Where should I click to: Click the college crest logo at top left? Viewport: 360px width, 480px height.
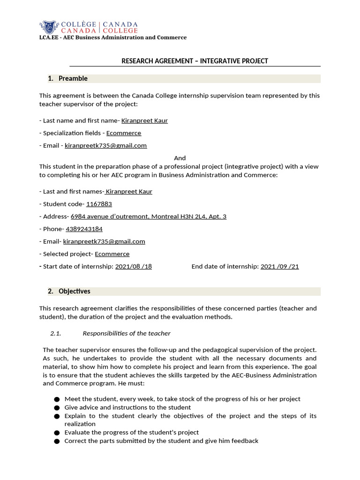(x=49, y=27)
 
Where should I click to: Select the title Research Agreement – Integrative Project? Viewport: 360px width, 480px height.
(x=195, y=61)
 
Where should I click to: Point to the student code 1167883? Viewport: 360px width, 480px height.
(x=99, y=204)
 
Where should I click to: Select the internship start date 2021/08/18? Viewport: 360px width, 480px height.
(x=133, y=266)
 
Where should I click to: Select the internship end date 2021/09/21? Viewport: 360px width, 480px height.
(x=279, y=266)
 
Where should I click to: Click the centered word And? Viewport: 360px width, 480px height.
(x=180, y=158)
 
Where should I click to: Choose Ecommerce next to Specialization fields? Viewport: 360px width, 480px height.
(x=123, y=133)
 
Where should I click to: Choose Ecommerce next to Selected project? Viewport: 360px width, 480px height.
(x=112, y=254)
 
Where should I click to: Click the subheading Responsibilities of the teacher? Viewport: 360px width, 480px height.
(x=127, y=333)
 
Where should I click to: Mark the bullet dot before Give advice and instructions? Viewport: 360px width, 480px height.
(x=57, y=408)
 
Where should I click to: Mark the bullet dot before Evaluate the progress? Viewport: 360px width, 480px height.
(x=57, y=433)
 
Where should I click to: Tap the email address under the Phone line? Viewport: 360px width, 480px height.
(x=104, y=241)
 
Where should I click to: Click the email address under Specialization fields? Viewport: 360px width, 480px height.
(x=105, y=145)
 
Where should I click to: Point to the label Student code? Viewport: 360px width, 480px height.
(x=62, y=204)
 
